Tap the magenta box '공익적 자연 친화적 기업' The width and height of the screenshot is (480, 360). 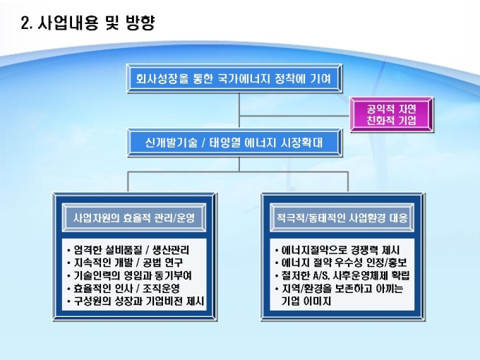coord(392,114)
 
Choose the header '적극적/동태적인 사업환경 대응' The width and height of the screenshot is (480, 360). coord(341,218)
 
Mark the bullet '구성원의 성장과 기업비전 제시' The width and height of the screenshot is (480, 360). coord(136,301)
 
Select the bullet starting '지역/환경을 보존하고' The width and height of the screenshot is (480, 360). coord(342,289)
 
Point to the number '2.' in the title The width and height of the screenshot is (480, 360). coord(28,23)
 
